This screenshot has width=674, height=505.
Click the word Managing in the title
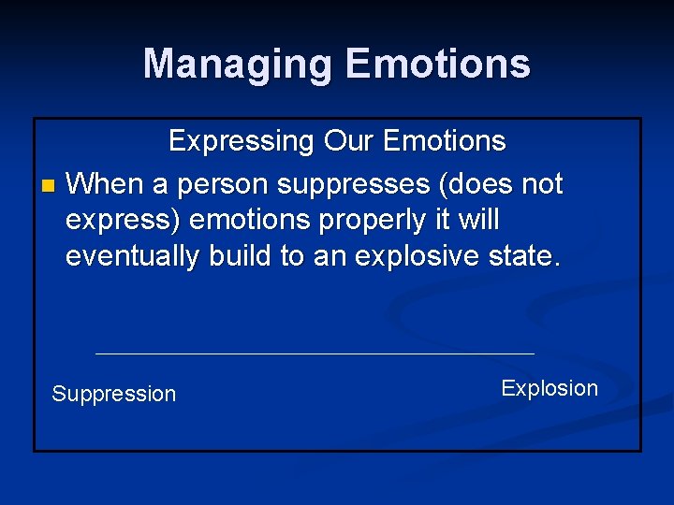point(238,65)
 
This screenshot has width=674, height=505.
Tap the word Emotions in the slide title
point(437,65)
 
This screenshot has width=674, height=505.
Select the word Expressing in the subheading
point(242,142)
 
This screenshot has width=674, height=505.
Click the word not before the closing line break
point(539,184)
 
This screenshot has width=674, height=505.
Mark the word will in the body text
point(475,221)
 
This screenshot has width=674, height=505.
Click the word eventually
point(132,257)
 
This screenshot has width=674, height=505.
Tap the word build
point(240,257)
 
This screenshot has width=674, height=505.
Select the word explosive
point(413,257)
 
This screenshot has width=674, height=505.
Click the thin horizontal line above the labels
point(315,353)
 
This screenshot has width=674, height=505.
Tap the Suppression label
point(113,394)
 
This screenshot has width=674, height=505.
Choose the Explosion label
point(549,388)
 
